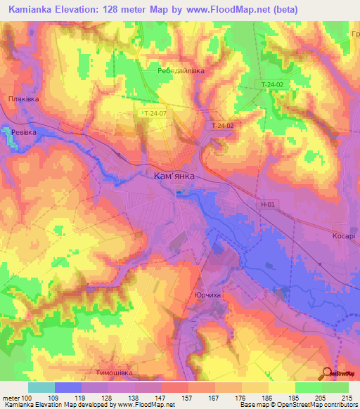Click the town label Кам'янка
tap(174, 178)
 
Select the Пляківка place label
tap(23, 99)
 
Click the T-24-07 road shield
tap(153, 113)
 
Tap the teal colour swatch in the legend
tap(41, 387)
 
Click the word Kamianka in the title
tap(36, 10)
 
